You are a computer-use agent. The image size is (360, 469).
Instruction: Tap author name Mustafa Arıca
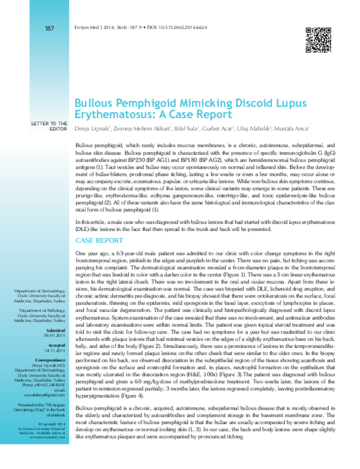point(295,128)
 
